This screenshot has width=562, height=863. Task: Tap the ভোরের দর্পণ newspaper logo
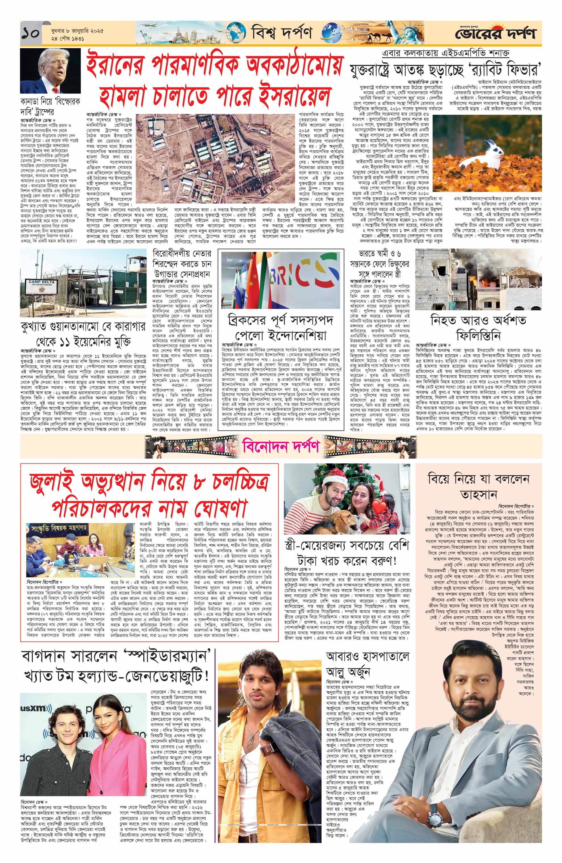point(495,33)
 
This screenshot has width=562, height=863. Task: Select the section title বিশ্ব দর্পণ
point(281,33)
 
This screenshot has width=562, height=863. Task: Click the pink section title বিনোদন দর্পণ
point(281,447)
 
